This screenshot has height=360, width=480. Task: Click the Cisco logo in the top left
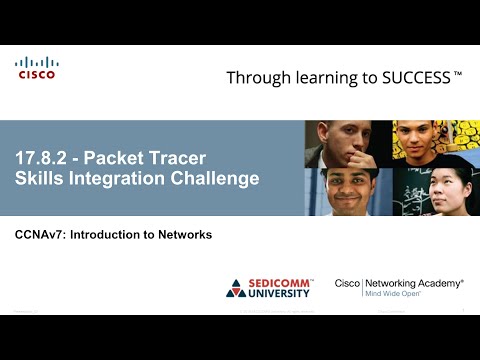[36, 68]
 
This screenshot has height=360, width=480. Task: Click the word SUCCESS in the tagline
[415, 77]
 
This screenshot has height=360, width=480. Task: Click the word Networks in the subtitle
[183, 235]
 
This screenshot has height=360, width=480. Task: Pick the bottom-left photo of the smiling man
[347, 192]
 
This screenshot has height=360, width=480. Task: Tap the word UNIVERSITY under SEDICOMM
[280, 294]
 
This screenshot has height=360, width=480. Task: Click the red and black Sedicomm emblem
[236, 288]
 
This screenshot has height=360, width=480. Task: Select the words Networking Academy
[413, 284]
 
